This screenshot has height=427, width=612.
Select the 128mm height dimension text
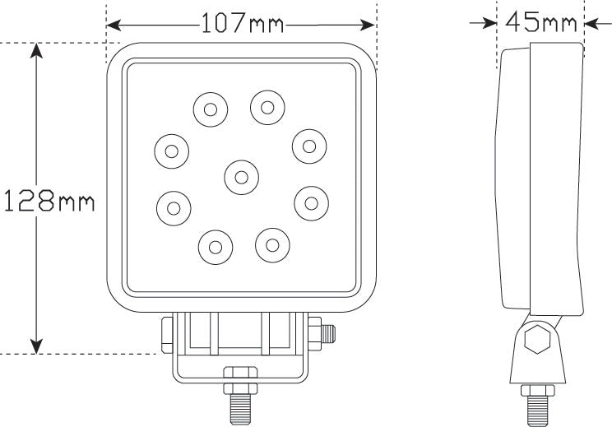pos(49,200)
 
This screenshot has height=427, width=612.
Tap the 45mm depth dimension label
pos(541,22)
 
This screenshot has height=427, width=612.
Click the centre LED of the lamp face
pos(240,174)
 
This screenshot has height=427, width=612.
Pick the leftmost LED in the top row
pos(210,109)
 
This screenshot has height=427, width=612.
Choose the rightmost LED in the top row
pos(267,105)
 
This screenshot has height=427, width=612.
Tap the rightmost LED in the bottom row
pos(272,243)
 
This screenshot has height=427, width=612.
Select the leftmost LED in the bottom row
pos(215,245)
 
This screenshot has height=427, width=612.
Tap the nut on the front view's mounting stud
pos(241,380)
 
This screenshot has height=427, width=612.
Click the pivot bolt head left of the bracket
pos(166,334)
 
